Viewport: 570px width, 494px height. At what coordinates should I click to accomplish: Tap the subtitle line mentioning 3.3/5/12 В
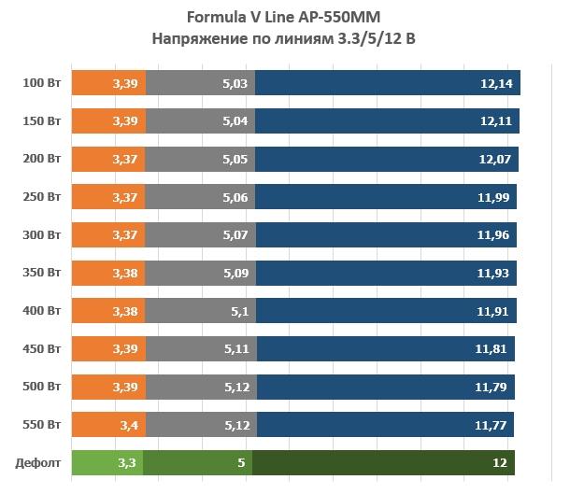[286, 38]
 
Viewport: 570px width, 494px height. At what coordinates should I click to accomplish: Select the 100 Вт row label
[42, 83]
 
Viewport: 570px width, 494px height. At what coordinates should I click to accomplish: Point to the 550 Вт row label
[42, 425]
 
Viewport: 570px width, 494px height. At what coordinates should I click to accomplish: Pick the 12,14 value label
[494, 83]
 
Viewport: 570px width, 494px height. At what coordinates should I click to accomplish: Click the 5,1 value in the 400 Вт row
[237, 311]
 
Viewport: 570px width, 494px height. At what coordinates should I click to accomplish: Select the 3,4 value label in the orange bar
[128, 425]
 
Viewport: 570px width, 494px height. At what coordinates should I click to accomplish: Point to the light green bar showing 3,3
[107, 463]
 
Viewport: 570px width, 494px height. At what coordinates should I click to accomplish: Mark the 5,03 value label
[235, 83]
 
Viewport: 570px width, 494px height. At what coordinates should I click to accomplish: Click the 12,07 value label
[494, 160]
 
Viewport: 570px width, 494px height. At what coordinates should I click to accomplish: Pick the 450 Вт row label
[42, 349]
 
